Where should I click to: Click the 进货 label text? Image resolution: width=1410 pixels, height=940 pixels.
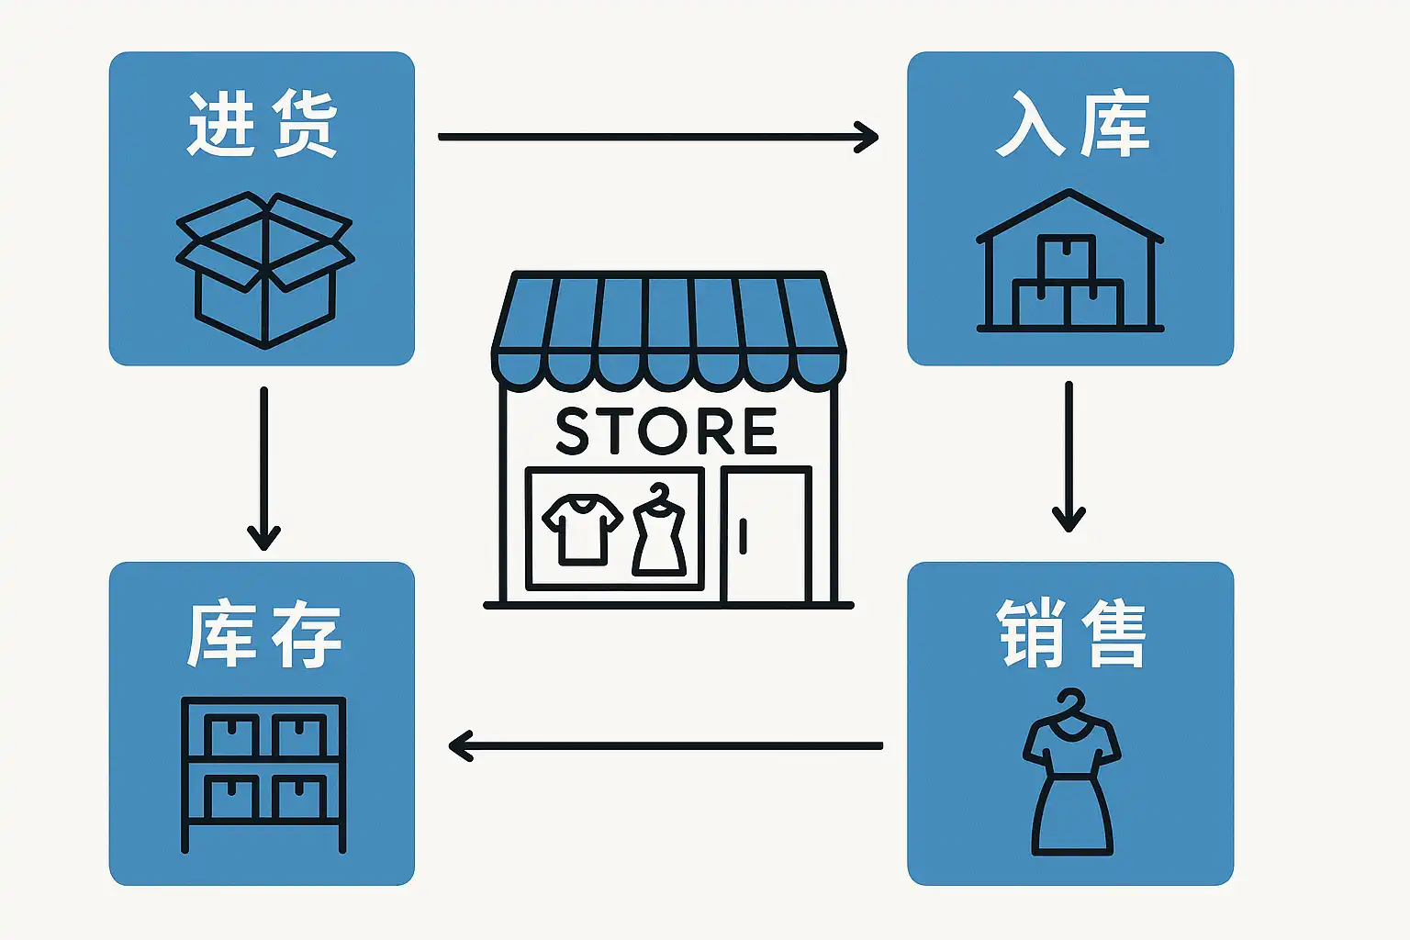pyautogui.click(x=263, y=124)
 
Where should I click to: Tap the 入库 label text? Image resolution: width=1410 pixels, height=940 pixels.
pyautogui.click(x=1071, y=124)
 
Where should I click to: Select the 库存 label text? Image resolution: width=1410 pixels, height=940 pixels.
pyautogui.click(x=263, y=634)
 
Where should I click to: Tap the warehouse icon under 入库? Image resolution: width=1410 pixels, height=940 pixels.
pyautogui.click(x=1070, y=261)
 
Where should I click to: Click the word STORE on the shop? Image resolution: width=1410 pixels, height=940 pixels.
pyautogui.click(x=667, y=431)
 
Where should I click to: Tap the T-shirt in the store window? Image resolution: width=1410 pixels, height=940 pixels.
pyautogui.click(x=582, y=529)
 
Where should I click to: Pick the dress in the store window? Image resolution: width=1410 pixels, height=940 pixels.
pyautogui.click(x=659, y=532)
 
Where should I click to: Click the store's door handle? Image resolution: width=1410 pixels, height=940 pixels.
pyautogui.click(x=743, y=535)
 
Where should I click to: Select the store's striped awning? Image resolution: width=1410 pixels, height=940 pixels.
pyautogui.click(x=668, y=327)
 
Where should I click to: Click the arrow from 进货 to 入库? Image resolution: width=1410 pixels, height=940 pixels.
pyautogui.click(x=657, y=137)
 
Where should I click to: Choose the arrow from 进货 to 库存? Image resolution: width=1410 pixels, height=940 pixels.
pyautogui.click(x=263, y=468)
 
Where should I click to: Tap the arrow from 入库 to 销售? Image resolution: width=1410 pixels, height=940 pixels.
pyautogui.click(x=1069, y=456)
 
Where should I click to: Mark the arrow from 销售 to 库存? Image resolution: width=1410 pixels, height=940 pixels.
pyautogui.click(x=666, y=745)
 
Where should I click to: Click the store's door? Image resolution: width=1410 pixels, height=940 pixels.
pyautogui.click(x=767, y=535)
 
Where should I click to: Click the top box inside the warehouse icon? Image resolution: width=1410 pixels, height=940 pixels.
pyautogui.click(x=1067, y=257)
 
